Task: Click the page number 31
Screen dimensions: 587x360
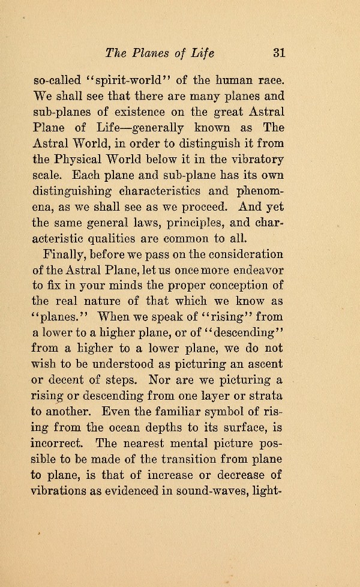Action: coord(278,53)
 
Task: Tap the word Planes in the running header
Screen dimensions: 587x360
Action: coord(149,53)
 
